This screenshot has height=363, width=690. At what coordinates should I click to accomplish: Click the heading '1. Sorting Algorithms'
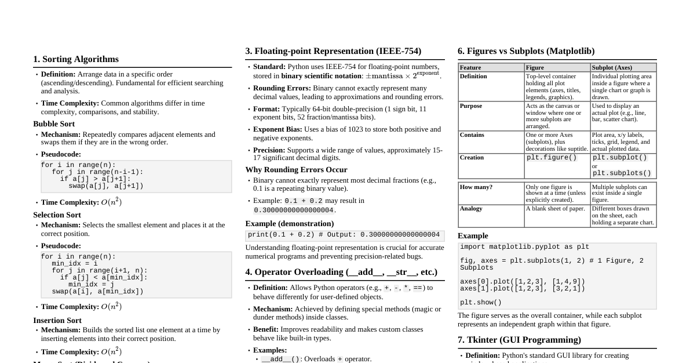point(76,59)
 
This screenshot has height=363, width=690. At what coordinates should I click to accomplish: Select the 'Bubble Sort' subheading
point(54,124)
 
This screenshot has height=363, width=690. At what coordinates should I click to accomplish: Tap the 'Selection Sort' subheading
point(57,215)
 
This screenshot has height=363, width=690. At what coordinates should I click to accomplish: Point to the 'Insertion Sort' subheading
point(57,320)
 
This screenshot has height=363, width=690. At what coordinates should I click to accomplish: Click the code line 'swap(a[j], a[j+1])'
point(105,186)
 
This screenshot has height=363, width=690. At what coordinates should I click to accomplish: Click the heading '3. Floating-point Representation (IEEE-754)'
point(333,51)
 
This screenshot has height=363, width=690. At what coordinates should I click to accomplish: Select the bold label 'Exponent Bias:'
point(278,129)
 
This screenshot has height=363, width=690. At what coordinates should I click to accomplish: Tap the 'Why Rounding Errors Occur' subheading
point(296,170)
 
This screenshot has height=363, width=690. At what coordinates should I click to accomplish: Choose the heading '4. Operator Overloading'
point(341,272)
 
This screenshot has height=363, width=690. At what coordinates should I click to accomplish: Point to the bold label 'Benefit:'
point(266,329)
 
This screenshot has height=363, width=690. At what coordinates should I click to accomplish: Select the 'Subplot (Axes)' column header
point(612,68)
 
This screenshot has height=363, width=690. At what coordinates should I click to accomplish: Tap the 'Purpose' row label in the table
point(471,106)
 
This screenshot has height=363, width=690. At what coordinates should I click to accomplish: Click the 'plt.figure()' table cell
point(552,158)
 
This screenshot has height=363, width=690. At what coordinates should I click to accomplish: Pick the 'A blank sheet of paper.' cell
point(555,209)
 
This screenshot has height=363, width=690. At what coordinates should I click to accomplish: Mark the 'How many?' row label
point(476,187)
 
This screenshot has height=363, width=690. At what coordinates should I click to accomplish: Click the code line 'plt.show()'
point(481,302)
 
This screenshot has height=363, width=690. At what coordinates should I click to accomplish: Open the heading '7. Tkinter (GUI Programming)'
point(519,340)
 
